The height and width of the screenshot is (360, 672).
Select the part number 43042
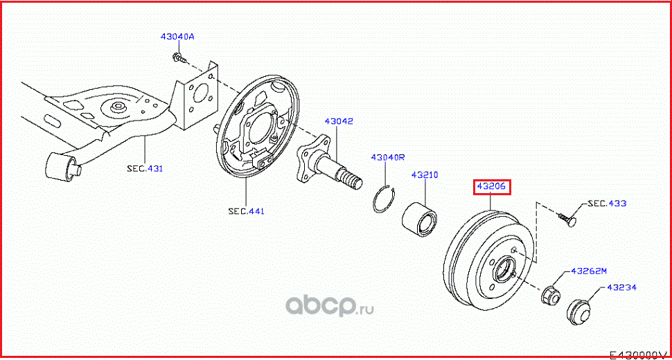coord(339,121)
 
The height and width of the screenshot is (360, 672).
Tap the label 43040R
coord(387,157)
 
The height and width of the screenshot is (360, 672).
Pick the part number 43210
coord(425,175)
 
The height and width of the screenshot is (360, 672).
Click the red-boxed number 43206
coord(492,187)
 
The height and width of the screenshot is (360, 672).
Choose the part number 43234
coord(621,287)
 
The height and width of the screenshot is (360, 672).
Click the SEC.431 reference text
coord(145,168)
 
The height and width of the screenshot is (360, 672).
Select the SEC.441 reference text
coord(246,210)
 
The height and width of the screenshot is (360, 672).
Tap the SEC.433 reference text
coord(607,204)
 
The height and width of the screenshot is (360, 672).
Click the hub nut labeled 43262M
coord(550,294)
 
